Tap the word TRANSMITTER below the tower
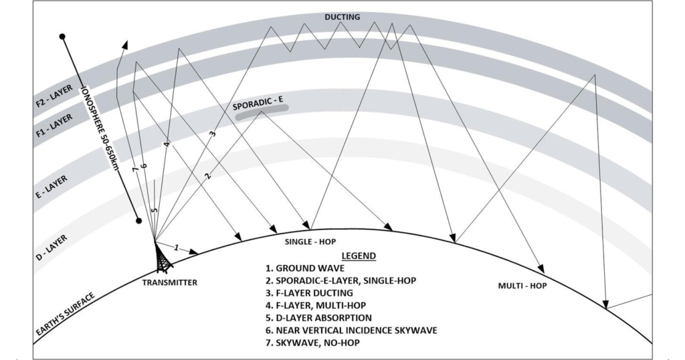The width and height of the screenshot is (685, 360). (x=170, y=283)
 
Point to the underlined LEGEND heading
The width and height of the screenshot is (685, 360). (x=359, y=256)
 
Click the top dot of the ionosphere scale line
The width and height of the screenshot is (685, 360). (x=62, y=36)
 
